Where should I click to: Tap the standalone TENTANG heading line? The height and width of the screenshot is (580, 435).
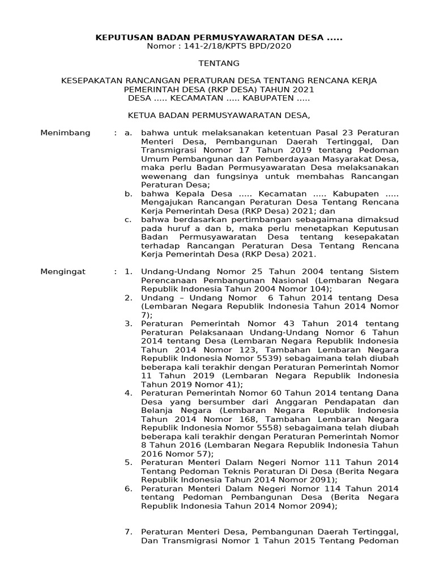(219, 63)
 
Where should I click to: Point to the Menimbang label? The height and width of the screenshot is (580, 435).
(65, 133)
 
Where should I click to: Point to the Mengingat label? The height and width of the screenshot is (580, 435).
(63, 271)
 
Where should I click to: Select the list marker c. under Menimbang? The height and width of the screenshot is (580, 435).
(129, 219)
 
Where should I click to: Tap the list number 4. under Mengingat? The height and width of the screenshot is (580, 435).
(129, 393)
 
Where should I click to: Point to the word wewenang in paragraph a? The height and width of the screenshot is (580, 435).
(161, 176)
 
